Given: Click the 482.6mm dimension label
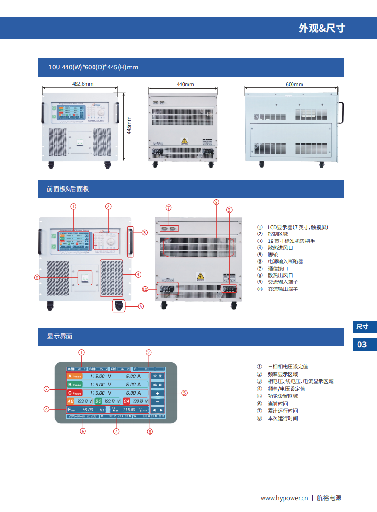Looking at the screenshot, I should coord(83,84).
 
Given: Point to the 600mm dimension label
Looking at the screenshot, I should coord(294,84).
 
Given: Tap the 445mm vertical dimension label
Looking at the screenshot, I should coord(129,126).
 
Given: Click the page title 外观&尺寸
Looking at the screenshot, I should coord(321,28).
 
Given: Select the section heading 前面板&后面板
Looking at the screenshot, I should coord(67,189).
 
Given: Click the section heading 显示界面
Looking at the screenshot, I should coord(59,336).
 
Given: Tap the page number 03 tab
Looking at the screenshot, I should coord(362,344).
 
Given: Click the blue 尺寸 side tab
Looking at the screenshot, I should coord(362,327).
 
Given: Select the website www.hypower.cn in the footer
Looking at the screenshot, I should coord(284,498).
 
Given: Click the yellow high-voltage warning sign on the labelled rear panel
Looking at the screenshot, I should coord(200,276).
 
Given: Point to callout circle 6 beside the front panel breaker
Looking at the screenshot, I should coord(37,278).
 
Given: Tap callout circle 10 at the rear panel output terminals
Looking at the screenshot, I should coord(145,289).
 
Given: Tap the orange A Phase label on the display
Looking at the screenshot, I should coord(75,376).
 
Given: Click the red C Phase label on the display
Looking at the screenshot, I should coord(75,393).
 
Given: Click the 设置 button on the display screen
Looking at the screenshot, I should coord(157,376).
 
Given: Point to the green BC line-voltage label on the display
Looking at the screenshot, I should coord(98,401).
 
